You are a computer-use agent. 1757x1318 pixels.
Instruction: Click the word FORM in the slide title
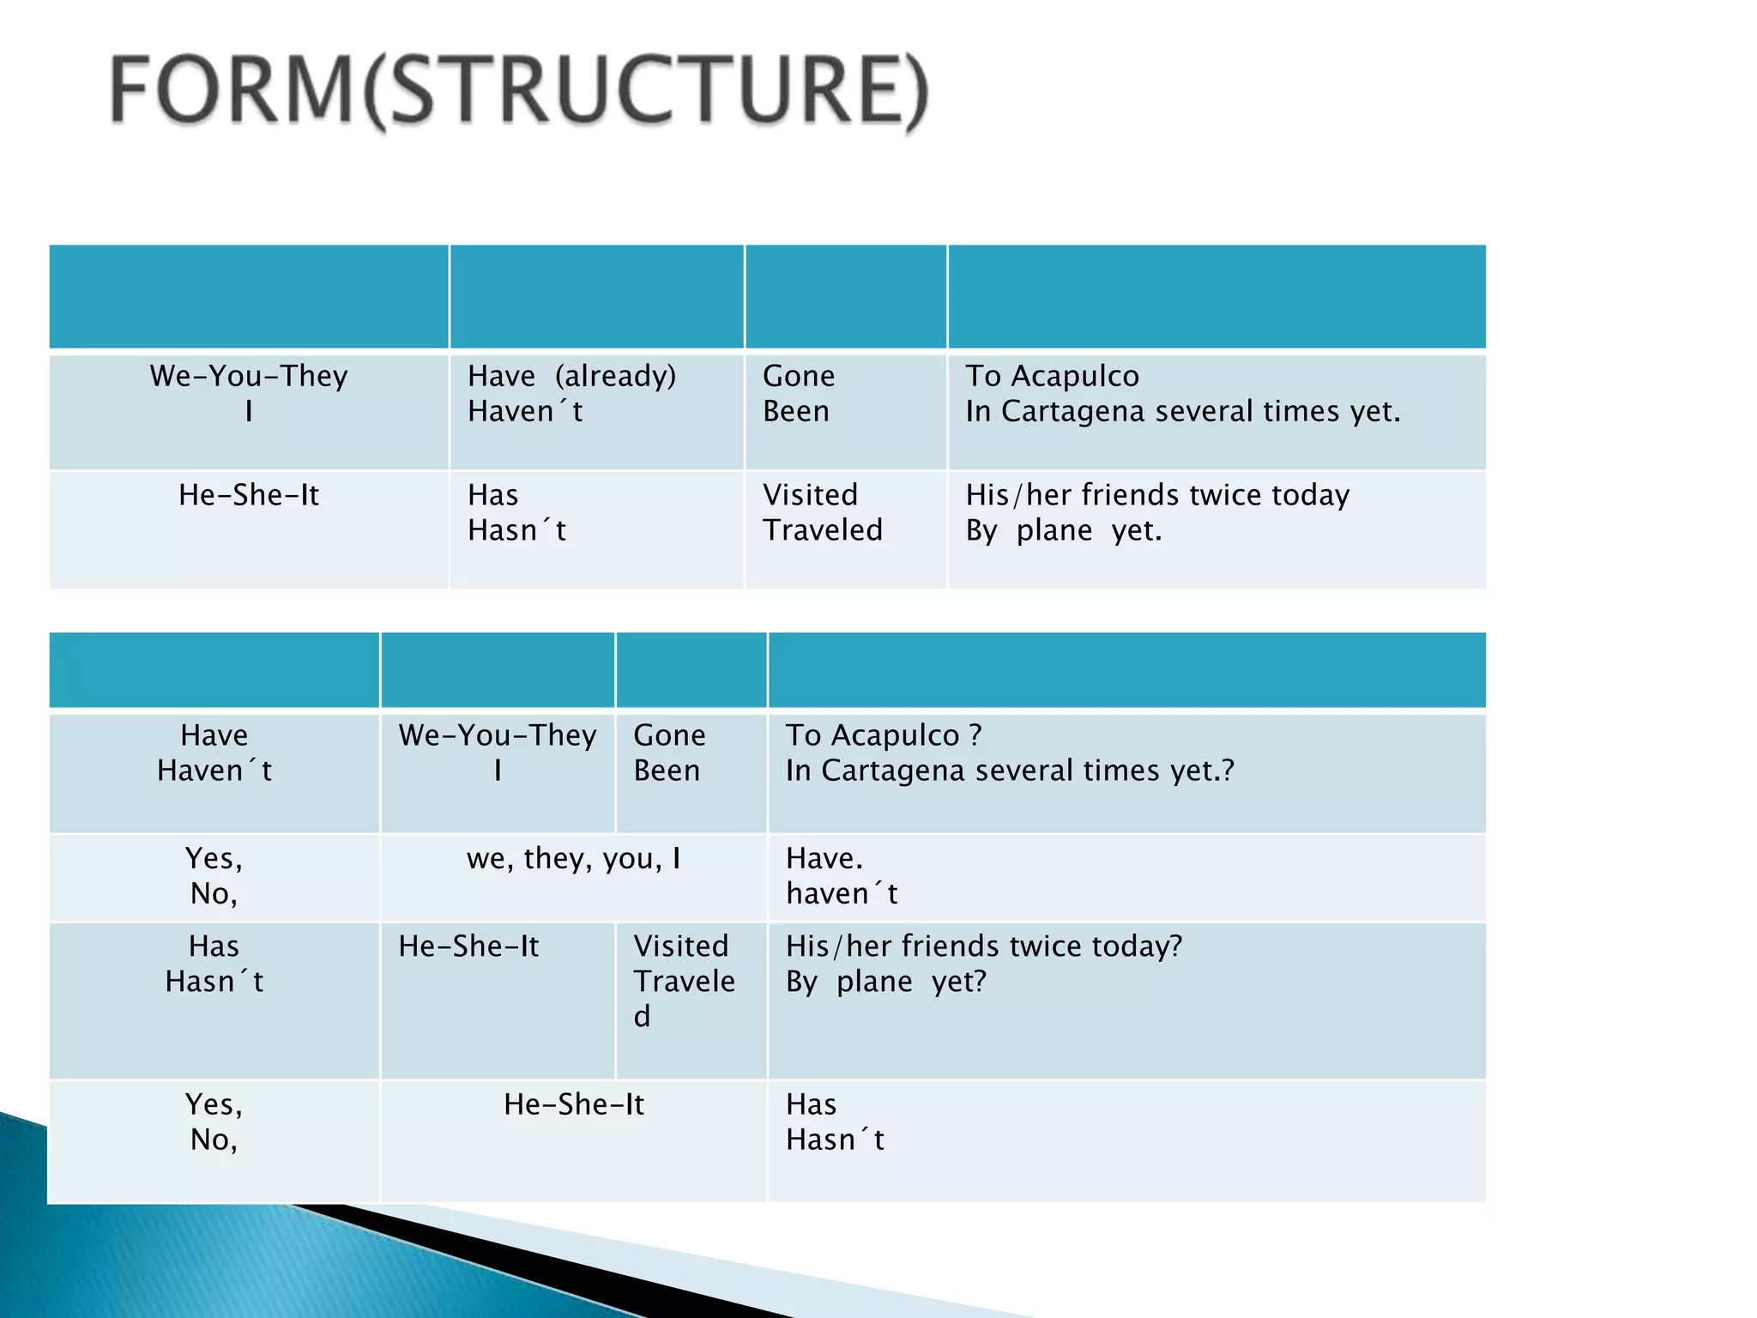pos(231,90)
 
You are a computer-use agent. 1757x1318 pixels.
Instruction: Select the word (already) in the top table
pos(615,376)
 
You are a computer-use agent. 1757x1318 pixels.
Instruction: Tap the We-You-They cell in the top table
pos(249,376)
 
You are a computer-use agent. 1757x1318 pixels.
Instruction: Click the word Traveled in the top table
pos(822,530)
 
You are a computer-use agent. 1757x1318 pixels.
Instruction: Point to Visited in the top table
pos(810,495)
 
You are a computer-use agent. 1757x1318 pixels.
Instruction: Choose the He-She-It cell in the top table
pos(249,495)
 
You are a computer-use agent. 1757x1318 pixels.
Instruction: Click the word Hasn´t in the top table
pos(516,531)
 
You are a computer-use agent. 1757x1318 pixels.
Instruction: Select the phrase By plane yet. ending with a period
pos(1063,531)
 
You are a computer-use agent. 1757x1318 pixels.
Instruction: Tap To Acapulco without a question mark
pos(1052,376)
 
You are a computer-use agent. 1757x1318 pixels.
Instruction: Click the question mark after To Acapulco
pos(975,735)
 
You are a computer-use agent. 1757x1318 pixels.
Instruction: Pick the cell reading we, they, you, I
pos(573,858)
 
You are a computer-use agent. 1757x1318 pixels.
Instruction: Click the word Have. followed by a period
pos(824,858)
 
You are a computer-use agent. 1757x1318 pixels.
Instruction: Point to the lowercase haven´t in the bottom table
pos(842,894)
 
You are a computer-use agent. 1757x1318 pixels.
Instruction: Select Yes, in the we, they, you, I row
pos(214,858)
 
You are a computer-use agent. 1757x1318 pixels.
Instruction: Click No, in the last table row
pos(214,1140)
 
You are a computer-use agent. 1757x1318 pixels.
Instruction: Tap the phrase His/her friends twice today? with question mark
pos(984,946)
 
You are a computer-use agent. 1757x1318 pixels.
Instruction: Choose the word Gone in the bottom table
pos(669,735)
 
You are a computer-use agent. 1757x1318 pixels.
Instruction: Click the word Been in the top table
pos(795,412)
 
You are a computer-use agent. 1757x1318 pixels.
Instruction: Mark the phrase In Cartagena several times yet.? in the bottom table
pos(1010,771)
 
